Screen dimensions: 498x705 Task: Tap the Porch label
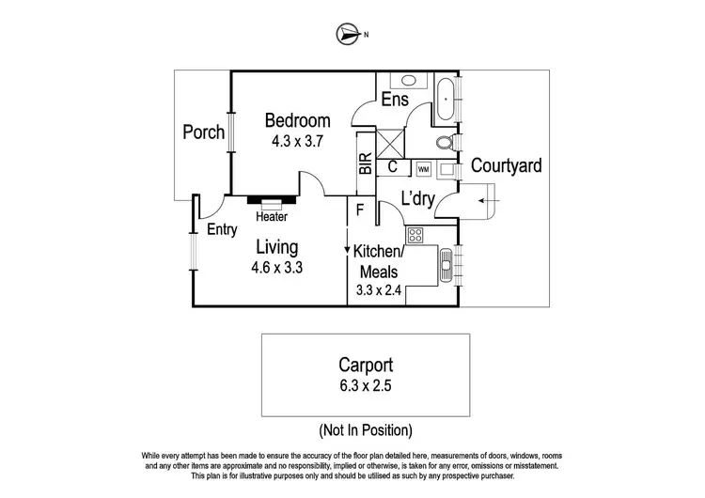point(202,132)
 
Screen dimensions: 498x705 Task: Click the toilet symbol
point(446,143)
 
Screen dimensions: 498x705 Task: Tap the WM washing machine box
point(423,169)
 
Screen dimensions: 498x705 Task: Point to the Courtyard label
point(506,166)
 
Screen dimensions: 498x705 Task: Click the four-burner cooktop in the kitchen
point(415,234)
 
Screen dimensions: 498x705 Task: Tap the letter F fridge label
point(359,210)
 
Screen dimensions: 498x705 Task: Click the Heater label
point(272,217)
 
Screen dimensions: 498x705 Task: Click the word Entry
point(222,228)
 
